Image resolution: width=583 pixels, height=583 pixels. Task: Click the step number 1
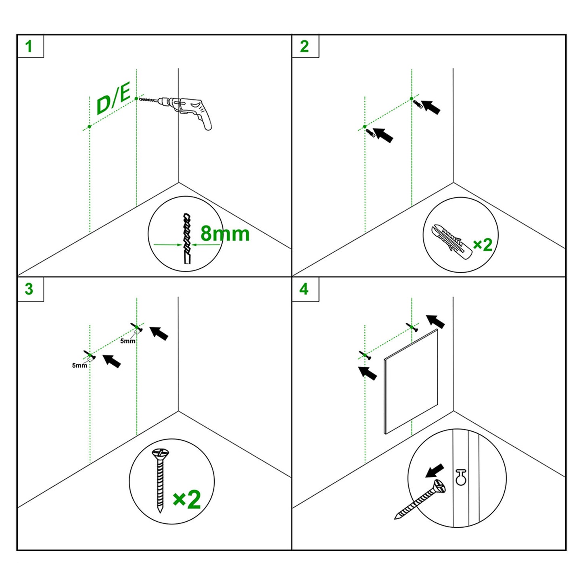[x=29, y=46]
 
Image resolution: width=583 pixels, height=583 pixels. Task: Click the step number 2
[x=304, y=46]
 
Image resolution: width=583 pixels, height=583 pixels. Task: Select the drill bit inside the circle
[x=187, y=238]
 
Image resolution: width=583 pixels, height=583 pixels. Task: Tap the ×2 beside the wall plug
[x=483, y=245]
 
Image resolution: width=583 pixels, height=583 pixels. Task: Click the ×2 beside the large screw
[x=187, y=500]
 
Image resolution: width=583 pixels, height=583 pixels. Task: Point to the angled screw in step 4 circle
[x=420, y=499]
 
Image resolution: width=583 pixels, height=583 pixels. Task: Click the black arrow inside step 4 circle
[x=435, y=471]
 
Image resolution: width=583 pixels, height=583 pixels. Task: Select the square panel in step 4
[x=411, y=381]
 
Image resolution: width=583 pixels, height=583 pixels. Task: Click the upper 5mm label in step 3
[x=127, y=341]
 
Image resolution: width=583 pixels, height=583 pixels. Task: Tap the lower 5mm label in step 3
[x=79, y=366]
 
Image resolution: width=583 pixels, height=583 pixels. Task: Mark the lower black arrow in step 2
[x=383, y=135]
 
